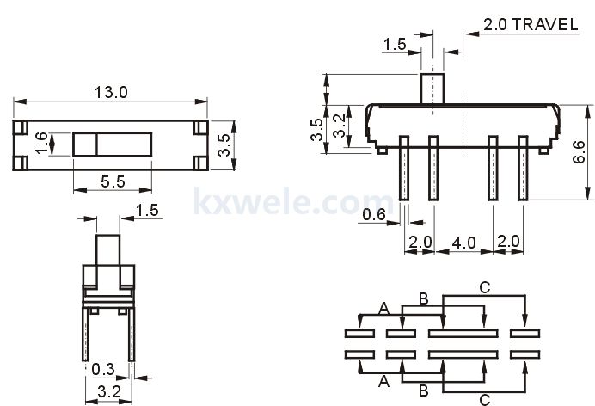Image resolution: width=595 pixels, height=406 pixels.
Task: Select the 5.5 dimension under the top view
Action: (x=113, y=181)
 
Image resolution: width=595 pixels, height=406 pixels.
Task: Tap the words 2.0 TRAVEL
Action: (x=530, y=24)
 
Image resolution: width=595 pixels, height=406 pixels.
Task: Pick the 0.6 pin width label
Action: (x=373, y=214)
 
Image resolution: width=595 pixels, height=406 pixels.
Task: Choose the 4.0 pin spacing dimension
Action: (x=463, y=243)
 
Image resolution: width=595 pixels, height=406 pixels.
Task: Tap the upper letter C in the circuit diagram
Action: (x=484, y=289)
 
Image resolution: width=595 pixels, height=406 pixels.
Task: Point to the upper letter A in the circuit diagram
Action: (x=383, y=308)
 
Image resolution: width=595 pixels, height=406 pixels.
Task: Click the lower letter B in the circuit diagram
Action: (x=423, y=391)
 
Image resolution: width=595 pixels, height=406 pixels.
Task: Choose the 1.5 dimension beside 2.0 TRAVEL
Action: (x=394, y=42)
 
